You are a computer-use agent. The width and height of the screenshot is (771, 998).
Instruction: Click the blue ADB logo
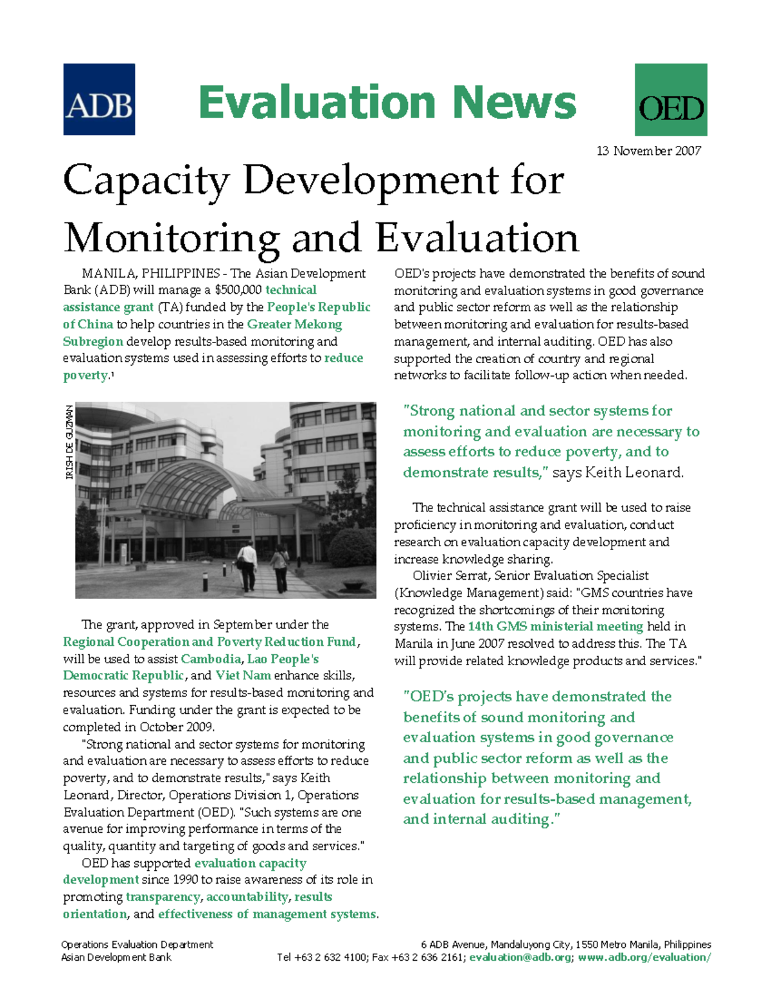coord(99,99)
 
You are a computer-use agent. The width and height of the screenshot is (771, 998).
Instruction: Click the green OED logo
coord(671,100)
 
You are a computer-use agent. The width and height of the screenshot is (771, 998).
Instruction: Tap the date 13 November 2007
coord(648,151)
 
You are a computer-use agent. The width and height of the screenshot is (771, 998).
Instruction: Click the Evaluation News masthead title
coord(387,102)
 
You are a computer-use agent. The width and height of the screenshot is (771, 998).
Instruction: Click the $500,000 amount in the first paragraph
coord(238,290)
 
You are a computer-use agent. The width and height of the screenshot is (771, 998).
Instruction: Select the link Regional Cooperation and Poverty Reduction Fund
coord(209,642)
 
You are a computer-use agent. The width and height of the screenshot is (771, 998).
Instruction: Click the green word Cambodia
coord(211,659)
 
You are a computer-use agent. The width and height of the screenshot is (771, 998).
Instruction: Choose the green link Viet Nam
coord(243,675)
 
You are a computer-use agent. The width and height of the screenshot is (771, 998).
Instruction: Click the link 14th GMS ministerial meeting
coord(555,627)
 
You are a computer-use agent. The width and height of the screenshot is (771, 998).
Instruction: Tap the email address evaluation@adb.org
coord(520,958)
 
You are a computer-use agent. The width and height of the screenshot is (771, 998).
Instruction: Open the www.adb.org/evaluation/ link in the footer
coord(644,958)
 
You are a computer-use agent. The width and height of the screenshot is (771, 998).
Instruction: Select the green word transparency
coord(163,897)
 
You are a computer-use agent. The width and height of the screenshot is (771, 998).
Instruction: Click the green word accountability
coord(247,897)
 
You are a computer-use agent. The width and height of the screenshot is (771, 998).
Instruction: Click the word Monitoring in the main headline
coord(171,238)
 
